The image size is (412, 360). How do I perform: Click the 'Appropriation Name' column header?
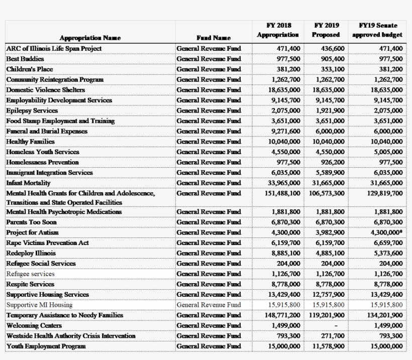coord(90,38)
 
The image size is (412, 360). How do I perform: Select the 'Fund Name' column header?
coord(214,38)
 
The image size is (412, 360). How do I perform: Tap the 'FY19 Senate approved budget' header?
coord(377,30)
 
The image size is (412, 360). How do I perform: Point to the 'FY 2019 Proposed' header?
coord(326,30)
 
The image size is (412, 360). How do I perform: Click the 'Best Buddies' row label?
coord(25,59)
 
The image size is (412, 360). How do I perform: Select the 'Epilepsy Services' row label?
coord(32,110)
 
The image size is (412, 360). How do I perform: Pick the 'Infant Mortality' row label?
coord(29,183)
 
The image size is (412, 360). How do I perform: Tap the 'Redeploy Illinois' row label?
coord(31,253)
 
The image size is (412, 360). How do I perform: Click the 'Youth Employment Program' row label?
coord(46,346)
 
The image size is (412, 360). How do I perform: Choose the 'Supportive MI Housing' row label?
coord(39,305)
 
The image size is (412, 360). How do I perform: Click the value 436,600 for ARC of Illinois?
coord(333,49)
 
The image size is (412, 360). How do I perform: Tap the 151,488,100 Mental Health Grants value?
coord(282,193)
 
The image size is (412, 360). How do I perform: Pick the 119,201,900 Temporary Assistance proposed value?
coord(327,315)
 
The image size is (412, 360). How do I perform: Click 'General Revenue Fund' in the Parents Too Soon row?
coord(209,222)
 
